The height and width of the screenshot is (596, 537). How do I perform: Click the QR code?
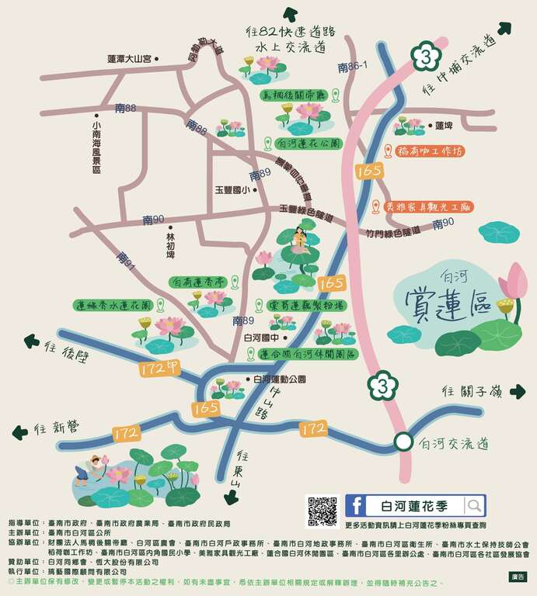[x=322, y=510]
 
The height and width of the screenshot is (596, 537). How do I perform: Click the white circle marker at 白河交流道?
[x=402, y=442]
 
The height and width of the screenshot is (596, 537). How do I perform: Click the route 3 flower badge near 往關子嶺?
[x=379, y=383]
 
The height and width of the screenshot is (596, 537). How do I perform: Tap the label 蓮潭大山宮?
[x=129, y=58]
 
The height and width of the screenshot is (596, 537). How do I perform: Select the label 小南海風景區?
[x=96, y=147]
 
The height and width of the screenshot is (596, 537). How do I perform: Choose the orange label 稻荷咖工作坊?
[x=429, y=151]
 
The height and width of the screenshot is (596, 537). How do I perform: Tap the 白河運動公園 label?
[x=280, y=379]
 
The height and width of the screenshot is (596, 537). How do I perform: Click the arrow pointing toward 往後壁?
[x=32, y=340]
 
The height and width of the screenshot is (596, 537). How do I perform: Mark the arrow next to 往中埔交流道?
[x=504, y=29]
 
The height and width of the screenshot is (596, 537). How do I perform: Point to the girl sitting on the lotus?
[x=296, y=241]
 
